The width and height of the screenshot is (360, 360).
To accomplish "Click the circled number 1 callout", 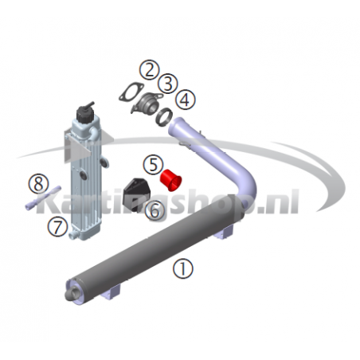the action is (183, 268).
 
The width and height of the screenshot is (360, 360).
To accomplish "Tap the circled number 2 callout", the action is (150, 70).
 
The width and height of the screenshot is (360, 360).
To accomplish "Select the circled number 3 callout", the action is (168, 84).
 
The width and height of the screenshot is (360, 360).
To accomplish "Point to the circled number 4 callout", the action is (186, 100).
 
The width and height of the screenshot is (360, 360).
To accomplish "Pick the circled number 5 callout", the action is (154, 165).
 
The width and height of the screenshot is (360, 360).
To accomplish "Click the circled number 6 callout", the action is (155, 210).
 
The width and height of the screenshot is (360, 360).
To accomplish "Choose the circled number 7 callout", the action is (57, 227).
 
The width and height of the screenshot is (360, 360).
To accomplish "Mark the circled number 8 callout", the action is (39, 184).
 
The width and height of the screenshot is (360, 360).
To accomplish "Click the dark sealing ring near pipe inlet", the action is (164, 117).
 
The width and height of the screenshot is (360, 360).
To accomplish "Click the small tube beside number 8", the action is (43, 198).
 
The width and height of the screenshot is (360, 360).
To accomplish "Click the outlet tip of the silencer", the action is (71, 294).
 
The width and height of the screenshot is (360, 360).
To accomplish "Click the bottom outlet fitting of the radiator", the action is (73, 234).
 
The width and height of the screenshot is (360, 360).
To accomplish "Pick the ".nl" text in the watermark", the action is (278, 202).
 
